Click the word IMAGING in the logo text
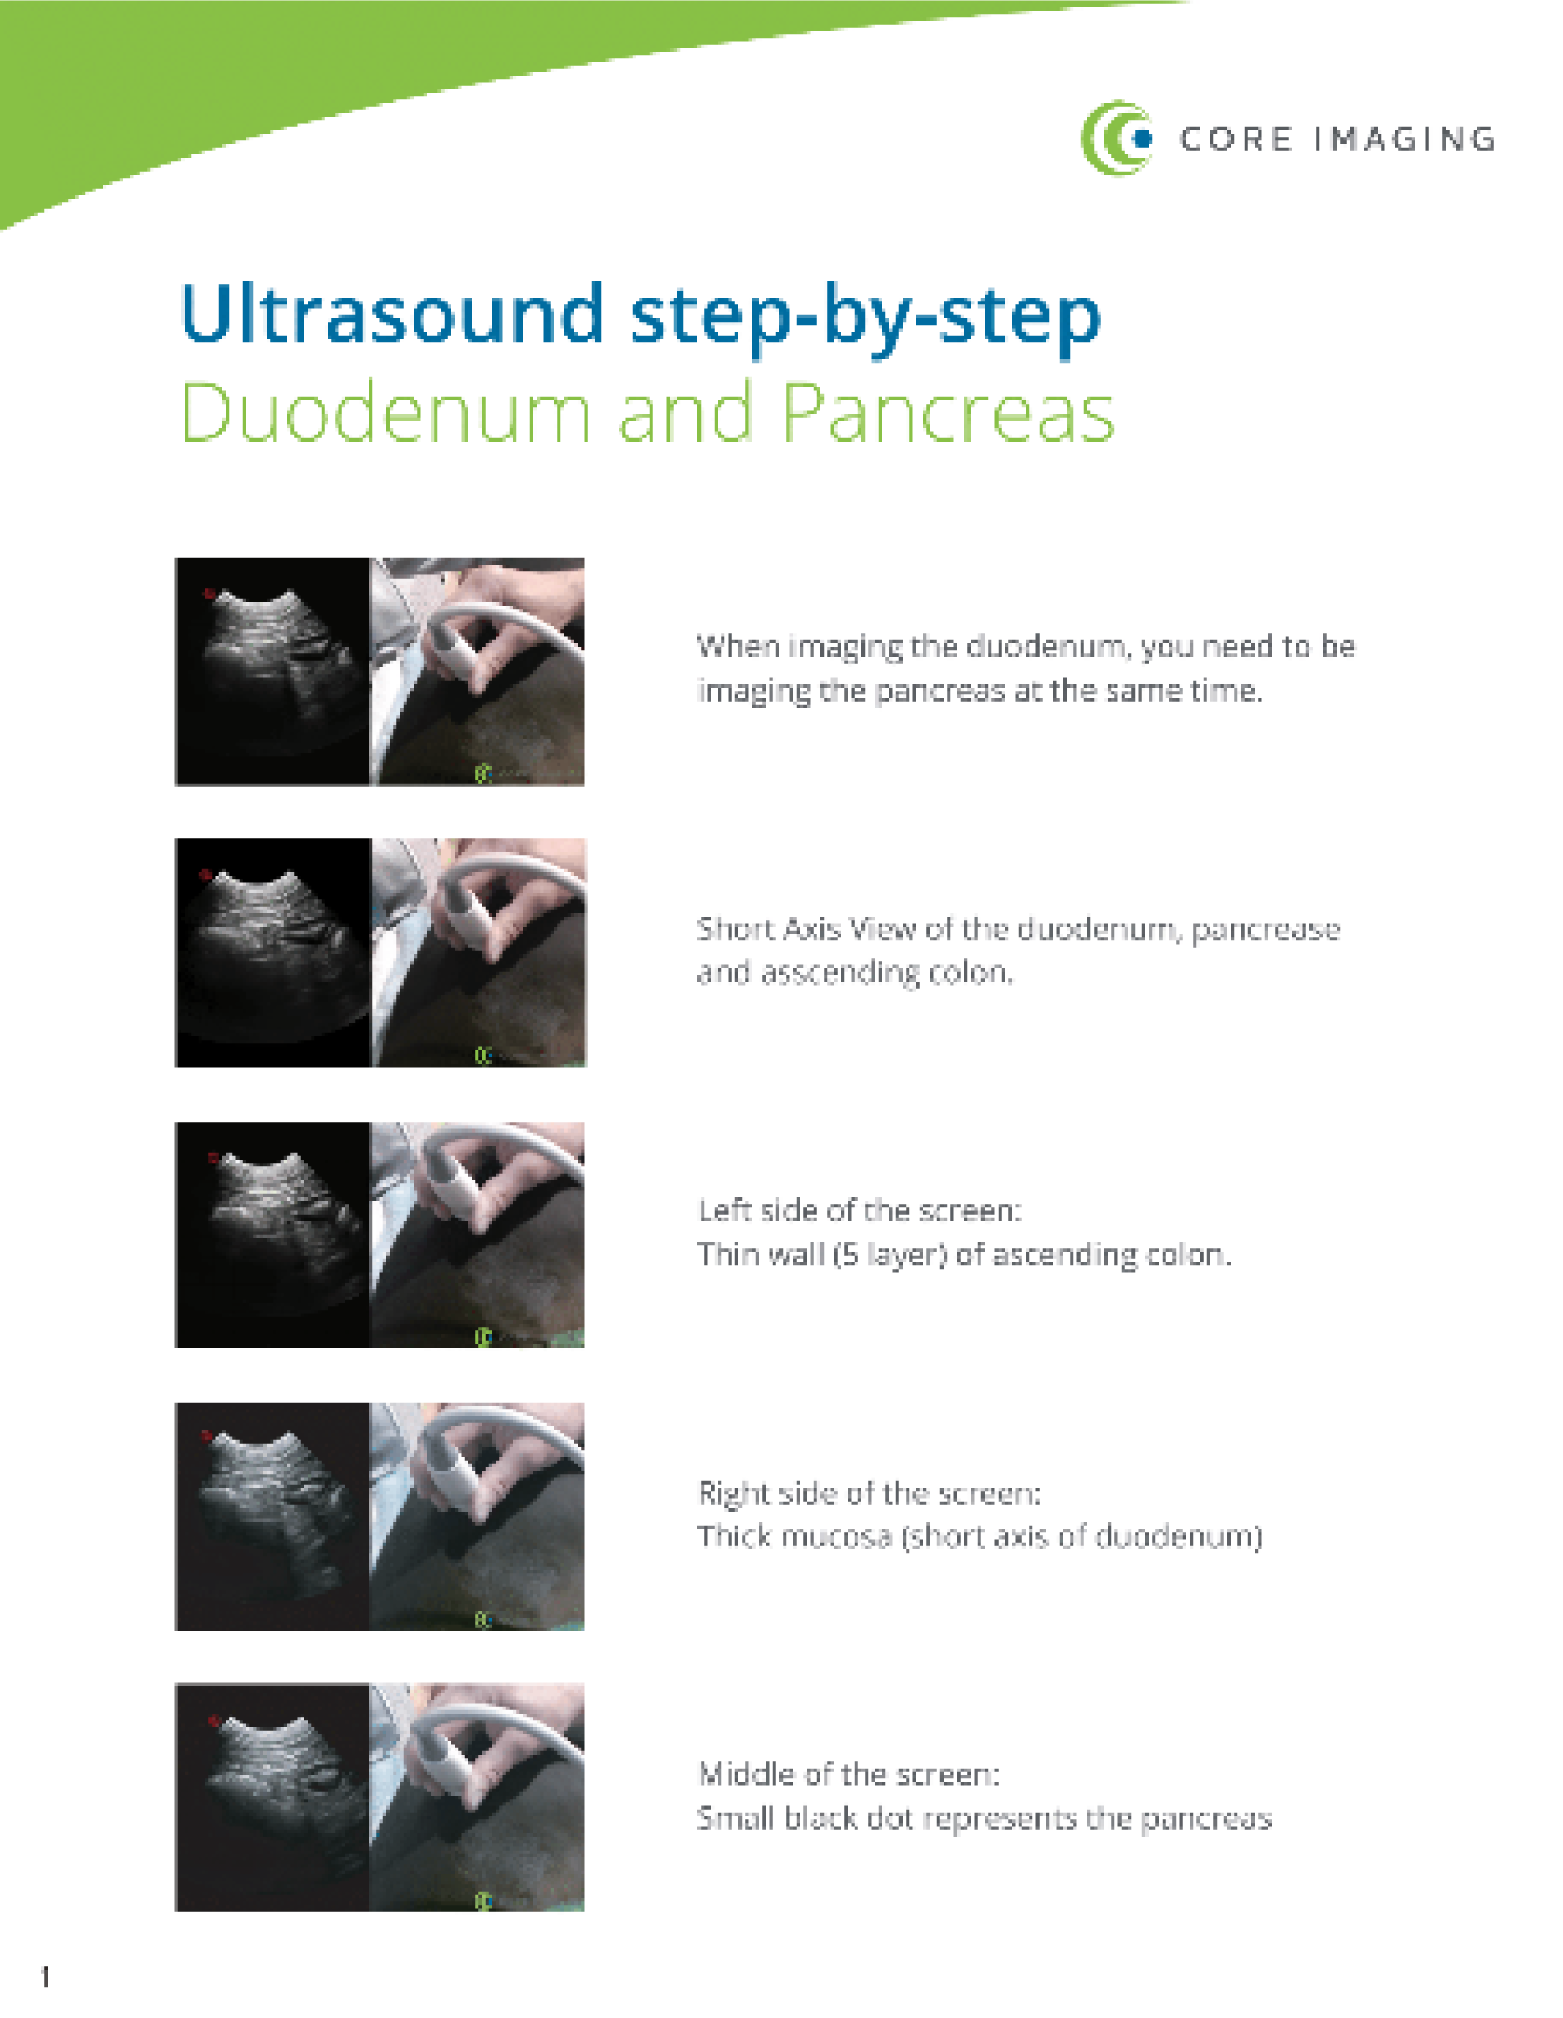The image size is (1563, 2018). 1403,140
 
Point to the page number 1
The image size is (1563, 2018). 45,1976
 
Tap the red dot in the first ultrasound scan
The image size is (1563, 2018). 208,594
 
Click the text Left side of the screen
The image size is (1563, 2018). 859,1210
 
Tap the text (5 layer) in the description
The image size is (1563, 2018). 889,1254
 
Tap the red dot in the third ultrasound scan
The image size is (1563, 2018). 213,1157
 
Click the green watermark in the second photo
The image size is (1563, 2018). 482,1055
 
